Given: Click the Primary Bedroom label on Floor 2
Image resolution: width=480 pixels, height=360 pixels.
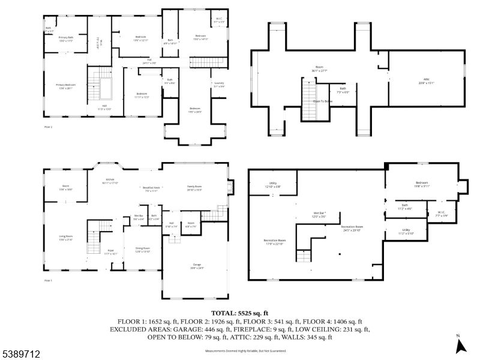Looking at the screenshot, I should [x=66, y=86].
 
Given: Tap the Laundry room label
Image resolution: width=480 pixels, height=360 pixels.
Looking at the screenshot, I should [x=219, y=85].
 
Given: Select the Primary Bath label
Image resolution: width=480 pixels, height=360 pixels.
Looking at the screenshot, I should [x=66, y=38].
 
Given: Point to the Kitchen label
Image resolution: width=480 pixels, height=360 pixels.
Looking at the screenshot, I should [x=110, y=180].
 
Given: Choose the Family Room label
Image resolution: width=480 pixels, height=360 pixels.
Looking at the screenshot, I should [x=195, y=188].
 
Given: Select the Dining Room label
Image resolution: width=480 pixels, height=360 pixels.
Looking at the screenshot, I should [x=142, y=248].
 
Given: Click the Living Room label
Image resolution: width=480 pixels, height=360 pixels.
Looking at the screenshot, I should [x=65, y=238].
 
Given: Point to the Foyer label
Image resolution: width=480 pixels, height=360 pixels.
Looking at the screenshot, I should [x=110, y=251].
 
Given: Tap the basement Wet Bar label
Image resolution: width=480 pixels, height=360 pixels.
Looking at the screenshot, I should [x=320, y=214].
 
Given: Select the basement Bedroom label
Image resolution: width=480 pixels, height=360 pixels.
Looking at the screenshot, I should [x=422, y=184].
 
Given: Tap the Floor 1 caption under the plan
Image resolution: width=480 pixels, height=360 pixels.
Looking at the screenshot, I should [x=49, y=280].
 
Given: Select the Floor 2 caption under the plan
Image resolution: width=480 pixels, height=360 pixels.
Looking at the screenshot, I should [x=49, y=127].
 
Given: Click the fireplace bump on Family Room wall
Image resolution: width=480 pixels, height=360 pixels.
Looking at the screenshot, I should [x=232, y=187].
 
